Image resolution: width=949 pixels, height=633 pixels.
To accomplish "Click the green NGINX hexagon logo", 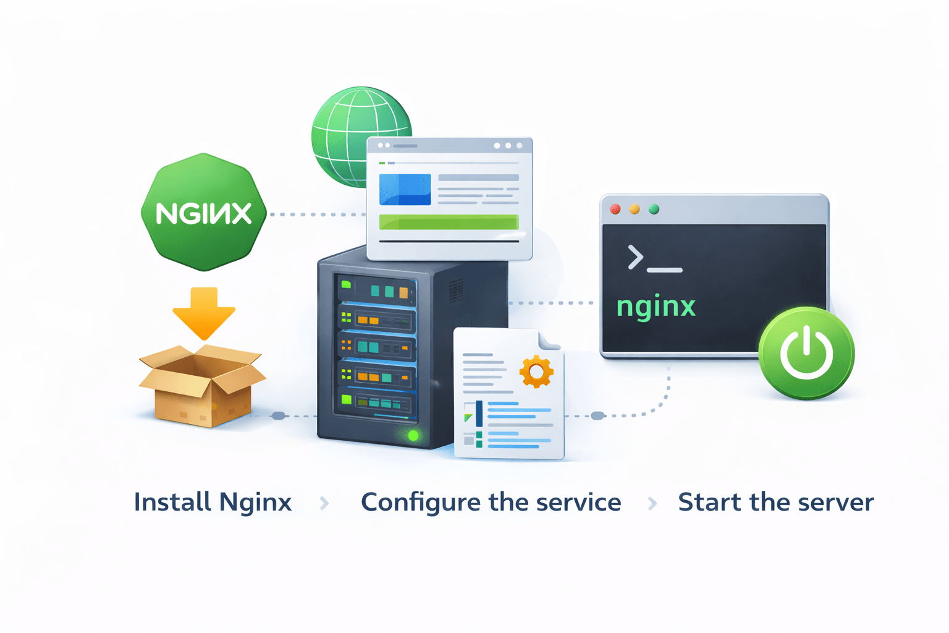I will pos(204,212).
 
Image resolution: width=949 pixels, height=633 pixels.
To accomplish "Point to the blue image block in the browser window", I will pos(405,189).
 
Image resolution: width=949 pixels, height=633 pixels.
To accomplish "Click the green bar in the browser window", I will pos(449,222).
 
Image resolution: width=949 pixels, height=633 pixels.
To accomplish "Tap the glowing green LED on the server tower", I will pos(413,436).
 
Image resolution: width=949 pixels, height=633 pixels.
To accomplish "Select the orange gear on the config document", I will pos(536,372).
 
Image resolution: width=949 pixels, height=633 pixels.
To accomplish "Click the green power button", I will pos(806,353).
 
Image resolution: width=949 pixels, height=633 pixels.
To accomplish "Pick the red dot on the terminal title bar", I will pos(615,209).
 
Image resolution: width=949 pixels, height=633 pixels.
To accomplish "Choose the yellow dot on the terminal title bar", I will pos(635,209).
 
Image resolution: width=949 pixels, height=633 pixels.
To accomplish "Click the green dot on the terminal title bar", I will pos(654,209).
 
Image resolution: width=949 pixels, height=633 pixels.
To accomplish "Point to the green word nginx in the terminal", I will pos(656,307).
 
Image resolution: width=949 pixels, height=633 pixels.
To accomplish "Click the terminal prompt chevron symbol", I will pos(635,257).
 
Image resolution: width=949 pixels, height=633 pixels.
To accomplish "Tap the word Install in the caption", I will pos(173,502).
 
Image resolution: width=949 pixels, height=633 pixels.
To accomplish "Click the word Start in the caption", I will pos(709,502).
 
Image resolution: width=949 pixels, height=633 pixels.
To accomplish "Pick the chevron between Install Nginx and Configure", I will pos(324,503).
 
